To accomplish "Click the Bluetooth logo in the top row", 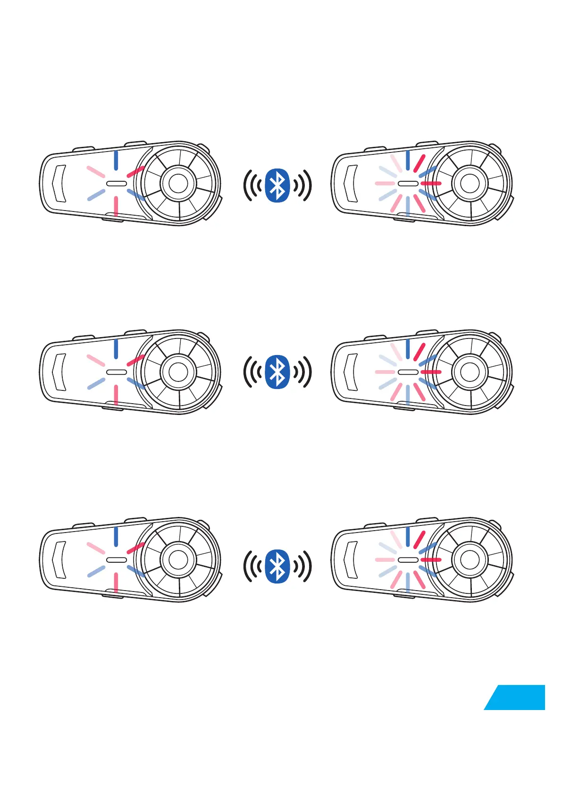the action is (277, 185).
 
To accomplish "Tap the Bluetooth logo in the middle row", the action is (277, 372).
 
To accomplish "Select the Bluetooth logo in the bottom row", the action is (277, 566).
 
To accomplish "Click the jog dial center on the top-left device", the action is (178, 183).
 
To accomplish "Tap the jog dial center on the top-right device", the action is (470, 183).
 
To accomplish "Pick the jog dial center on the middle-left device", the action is (178, 372).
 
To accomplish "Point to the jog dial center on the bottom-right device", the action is (470, 560).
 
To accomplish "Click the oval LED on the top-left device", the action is (116, 183).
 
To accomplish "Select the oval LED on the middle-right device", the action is (408, 372).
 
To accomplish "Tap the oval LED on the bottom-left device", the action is (116, 560).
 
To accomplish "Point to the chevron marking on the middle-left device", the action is (59, 372).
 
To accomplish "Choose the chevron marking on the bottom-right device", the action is (351, 559).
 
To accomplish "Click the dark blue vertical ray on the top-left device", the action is (116, 160).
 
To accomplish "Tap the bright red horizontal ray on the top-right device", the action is (430, 183).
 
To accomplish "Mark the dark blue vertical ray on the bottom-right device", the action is (408, 537).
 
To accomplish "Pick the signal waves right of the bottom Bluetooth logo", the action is (302, 566).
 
